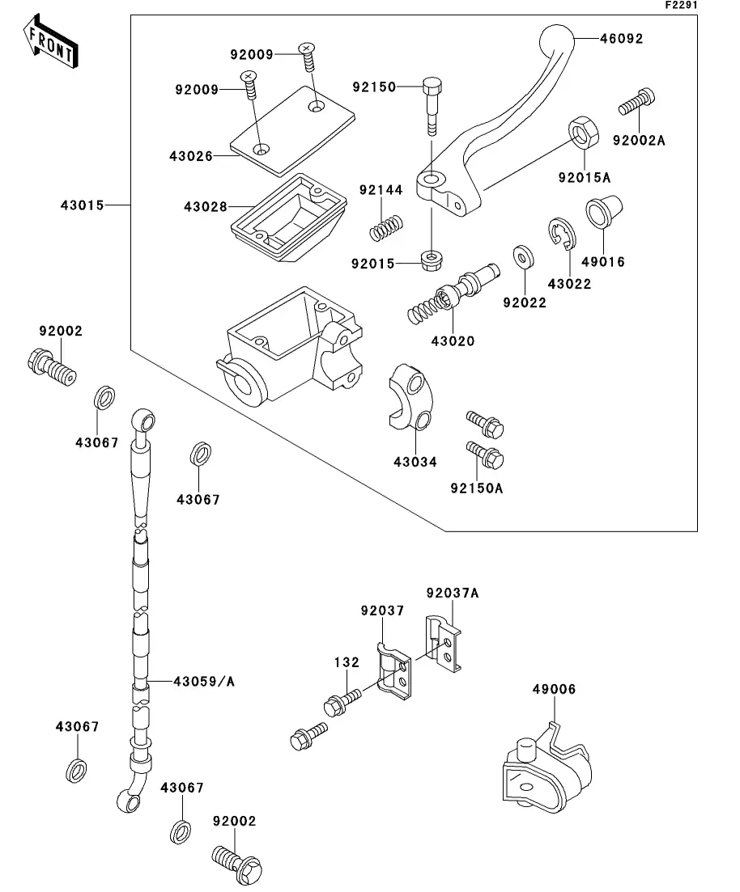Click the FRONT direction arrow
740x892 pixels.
(50, 44)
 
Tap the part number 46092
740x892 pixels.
(621, 38)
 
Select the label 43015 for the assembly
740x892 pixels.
(82, 205)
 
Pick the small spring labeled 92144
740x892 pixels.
(386, 226)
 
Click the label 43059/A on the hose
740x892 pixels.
(203, 682)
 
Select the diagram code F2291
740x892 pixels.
(681, 5)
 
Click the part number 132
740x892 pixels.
(347, 662)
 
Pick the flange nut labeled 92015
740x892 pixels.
(429, 260)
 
